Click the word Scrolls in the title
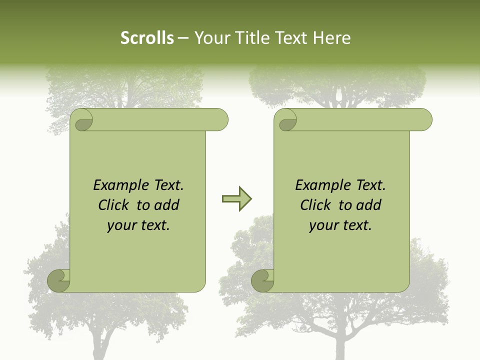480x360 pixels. coord(147,38)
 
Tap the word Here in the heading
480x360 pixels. coord(331,38)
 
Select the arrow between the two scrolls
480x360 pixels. coord(236,199)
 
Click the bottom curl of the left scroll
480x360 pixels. coord(58,280)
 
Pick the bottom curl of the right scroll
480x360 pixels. coord(262,280)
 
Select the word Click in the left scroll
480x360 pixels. coord(114,205)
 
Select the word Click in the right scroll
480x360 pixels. coord(316,205)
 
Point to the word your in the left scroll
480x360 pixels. coord(120,226)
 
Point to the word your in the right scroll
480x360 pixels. coord(322,226)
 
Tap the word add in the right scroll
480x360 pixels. coord(369,205)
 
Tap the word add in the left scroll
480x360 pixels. coord(167,205)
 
